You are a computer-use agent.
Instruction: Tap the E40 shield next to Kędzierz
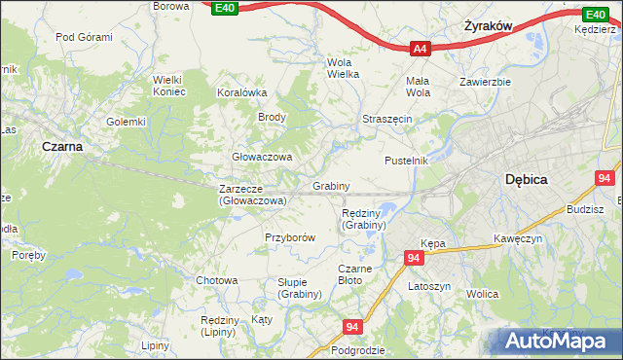[x=595, y=15]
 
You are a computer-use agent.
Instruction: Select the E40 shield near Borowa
[x=223, y=8]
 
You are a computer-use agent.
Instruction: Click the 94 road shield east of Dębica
[x=605, y=179]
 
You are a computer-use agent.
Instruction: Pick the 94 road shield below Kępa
[x=415, y=258]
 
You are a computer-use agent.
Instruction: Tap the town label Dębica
[x=527, y=180]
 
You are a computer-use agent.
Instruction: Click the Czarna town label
[x=61, y=146]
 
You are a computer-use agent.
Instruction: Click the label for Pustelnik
[x=407, y=161]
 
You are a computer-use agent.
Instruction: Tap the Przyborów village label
[x=290, y=237]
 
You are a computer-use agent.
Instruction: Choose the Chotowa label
[x=216, y=280]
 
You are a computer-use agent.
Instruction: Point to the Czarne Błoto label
[x=349, y=274]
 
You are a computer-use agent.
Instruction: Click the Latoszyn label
[x=429, y=287]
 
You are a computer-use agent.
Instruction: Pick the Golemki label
[x=126, y=122]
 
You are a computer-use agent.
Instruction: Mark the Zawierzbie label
[x=486, y=82]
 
